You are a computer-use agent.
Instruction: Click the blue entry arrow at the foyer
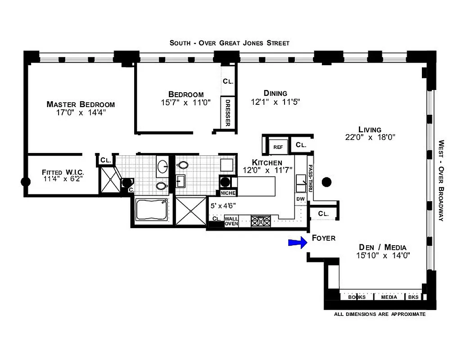(297, 243)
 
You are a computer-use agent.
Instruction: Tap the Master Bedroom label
(81, 104)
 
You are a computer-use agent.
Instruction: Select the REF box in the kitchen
(277, 146)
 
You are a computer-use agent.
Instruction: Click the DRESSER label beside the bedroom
(228, 113)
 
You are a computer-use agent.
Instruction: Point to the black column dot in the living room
(327, 182)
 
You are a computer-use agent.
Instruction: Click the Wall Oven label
(231, 221)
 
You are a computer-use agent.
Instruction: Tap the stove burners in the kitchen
(261, 221)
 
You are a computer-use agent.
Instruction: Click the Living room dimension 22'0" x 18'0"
(370, 138)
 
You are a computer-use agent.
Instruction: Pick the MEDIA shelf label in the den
(389, 297)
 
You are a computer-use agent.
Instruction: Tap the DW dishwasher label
(300, 199)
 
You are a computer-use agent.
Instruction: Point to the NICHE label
(227, 193)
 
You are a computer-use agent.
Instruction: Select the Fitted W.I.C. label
(63, 172)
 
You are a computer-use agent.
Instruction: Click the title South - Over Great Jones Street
(229, 43)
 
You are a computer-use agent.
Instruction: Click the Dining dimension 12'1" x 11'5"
(275, 102)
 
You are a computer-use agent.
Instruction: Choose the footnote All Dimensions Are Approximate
(380, 314)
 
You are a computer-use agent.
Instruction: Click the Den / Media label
(383, 247)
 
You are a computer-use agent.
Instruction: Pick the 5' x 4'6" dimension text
(223, 206)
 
